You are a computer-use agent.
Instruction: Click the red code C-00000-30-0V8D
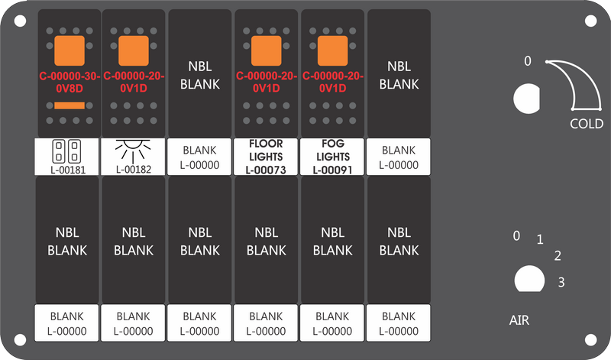pyautogui.click(x=70, y=83)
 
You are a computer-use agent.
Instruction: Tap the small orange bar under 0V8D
pyautogui.click(x=70, y=105)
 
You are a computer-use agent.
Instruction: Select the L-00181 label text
pyautogui.click(x=68, y=170)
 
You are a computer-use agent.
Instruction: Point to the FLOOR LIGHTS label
pyautogui.click(x=266, y=150)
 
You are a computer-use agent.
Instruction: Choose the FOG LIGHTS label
pyautogui.click(x=333, y=150)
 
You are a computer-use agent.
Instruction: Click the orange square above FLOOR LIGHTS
pyautogui.click(x=266, y=50)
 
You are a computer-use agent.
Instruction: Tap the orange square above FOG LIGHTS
pyautogui.click(x=333, y=50)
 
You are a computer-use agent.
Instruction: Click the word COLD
pyautogui.click(x=587, y=124)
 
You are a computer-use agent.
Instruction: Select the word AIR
pyautogui.click(x=519, y=320)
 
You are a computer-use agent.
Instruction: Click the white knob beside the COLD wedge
pyautogui.click(x=526, y=99)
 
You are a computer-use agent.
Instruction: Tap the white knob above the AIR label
pyautogui.click(x=529, y=279)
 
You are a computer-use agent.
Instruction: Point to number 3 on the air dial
pyautogui.click(x=561, y=282)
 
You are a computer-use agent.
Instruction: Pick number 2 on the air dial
pyautogui.click(x=558, y=256)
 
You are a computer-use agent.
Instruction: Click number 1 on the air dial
pyautogui.click(x=540, y=239)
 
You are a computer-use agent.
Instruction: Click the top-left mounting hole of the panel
pyautogui.click(x=21, y=21)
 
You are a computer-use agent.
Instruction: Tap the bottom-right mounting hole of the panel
pyautogui.click(x=590, y=339)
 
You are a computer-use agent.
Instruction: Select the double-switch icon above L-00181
pyautogui.click(x=66, y=151)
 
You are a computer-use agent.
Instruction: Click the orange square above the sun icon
pyautogui.click(x=133, y=50)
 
